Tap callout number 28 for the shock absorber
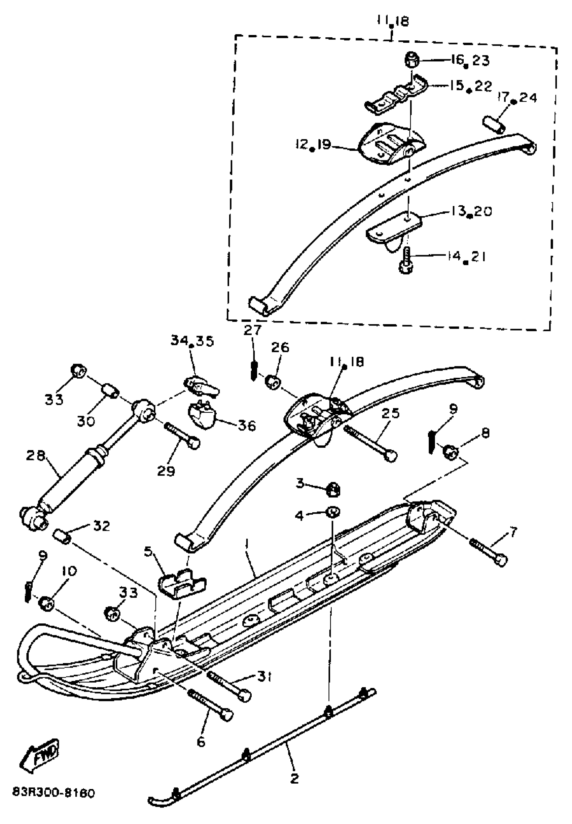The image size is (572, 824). click(36, 456)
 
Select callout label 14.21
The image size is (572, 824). click(466, 257)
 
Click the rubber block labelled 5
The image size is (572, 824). click(182, 584)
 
